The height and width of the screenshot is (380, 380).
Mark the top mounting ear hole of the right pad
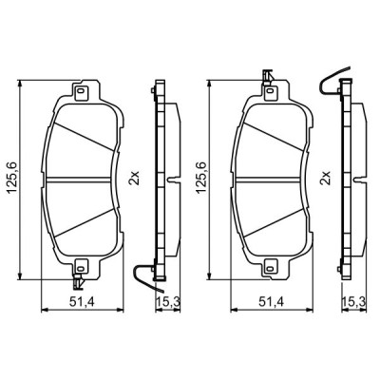coord(269,93)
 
